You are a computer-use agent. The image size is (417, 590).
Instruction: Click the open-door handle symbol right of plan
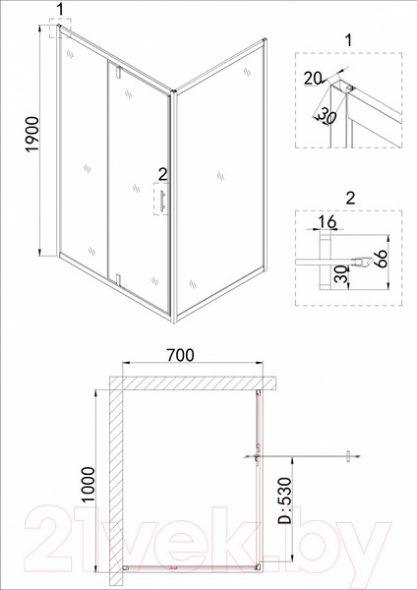350,455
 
